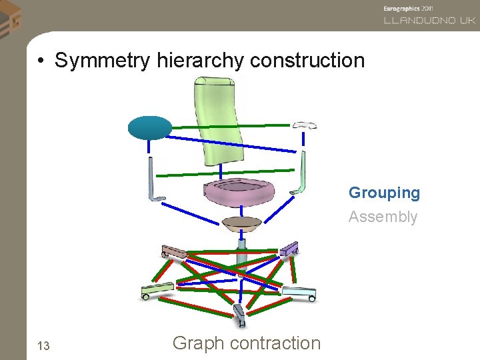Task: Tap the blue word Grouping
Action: tap(384, 193)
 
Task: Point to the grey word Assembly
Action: tap(383, 217)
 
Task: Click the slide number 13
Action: tap(44, 345)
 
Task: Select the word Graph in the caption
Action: tap(198, 343)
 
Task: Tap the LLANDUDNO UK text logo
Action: tap(429, 20)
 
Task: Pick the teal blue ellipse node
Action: tap(150, 127)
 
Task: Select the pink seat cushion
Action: tap(239, 193)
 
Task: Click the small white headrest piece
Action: tap(305, 125)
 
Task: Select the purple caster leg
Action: tap(289, 249)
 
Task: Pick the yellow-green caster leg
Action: tap(157, 290)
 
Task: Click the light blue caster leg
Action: tap(298, 293)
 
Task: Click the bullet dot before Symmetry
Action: tap(41, 61)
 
